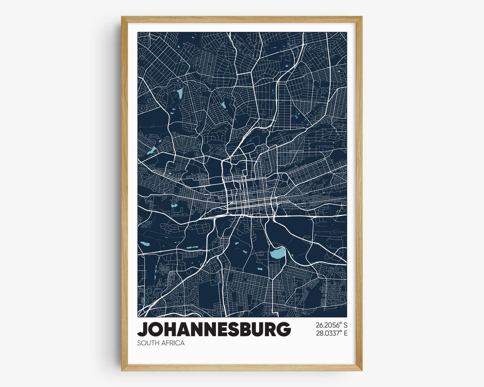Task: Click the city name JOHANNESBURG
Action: [x=214, y=329]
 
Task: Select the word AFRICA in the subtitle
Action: [x=173, y=343]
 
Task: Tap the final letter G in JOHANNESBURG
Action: [x=284, y=329]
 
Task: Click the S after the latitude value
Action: [x=345, y=325]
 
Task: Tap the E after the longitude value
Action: [x=345, y=333]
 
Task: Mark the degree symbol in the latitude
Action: [x=340, y=323]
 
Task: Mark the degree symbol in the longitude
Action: [x=340, y=331]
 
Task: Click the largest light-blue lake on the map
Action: [x=277, y=255]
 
